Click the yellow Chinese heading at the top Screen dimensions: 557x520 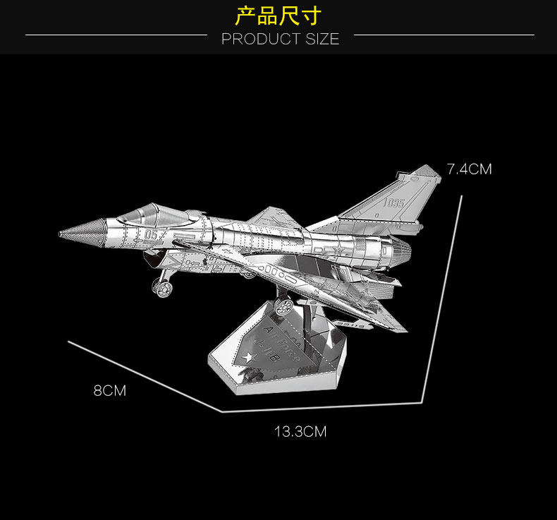pos(278,16)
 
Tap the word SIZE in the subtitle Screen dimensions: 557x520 pos(322,40)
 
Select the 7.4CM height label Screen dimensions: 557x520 pos(469,169)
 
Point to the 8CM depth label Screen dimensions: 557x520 pos(110,390)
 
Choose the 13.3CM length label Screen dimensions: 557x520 pos(300,431)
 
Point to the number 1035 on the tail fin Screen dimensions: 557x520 pos(395,202)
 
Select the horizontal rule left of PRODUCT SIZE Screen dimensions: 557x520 pos(116,34)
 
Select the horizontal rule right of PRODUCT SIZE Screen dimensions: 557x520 pos(443,34)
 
